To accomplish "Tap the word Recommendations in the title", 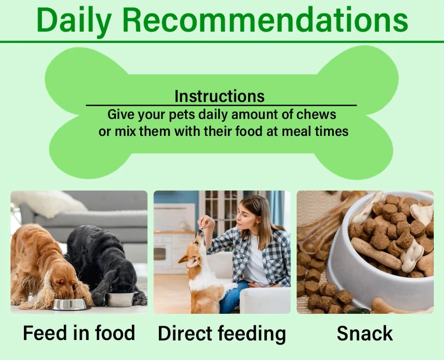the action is [265, 20].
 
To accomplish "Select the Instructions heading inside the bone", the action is [219, 96].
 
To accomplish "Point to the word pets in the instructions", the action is [182, 115].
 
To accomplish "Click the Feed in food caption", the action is [79, 333].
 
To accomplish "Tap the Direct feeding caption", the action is [222, 334].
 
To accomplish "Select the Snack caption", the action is [365, 333].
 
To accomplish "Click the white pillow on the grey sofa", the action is [48, 204].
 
